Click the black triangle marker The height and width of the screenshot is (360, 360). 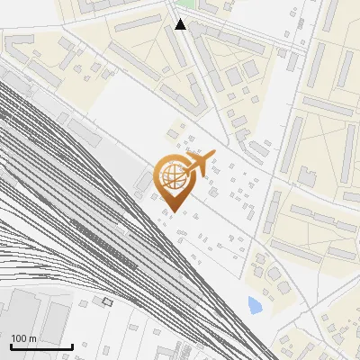tap(181, 24)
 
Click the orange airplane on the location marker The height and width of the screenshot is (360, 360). tap(199, 164)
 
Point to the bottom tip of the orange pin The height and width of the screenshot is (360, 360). tap(175, 212)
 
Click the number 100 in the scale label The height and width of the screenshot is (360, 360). tap(20, 338)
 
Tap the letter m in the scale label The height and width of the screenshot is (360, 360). tap(33, 338)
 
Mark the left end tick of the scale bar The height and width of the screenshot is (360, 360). tap(11, 346)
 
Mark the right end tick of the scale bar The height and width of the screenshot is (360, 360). tap(72, 346)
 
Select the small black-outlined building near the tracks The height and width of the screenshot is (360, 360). tap(108, 301)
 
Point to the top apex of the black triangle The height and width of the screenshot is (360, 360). tap(181, 19)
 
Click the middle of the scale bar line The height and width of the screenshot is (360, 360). tap(41, 346)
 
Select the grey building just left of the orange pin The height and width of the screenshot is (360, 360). tap(141, 184)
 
